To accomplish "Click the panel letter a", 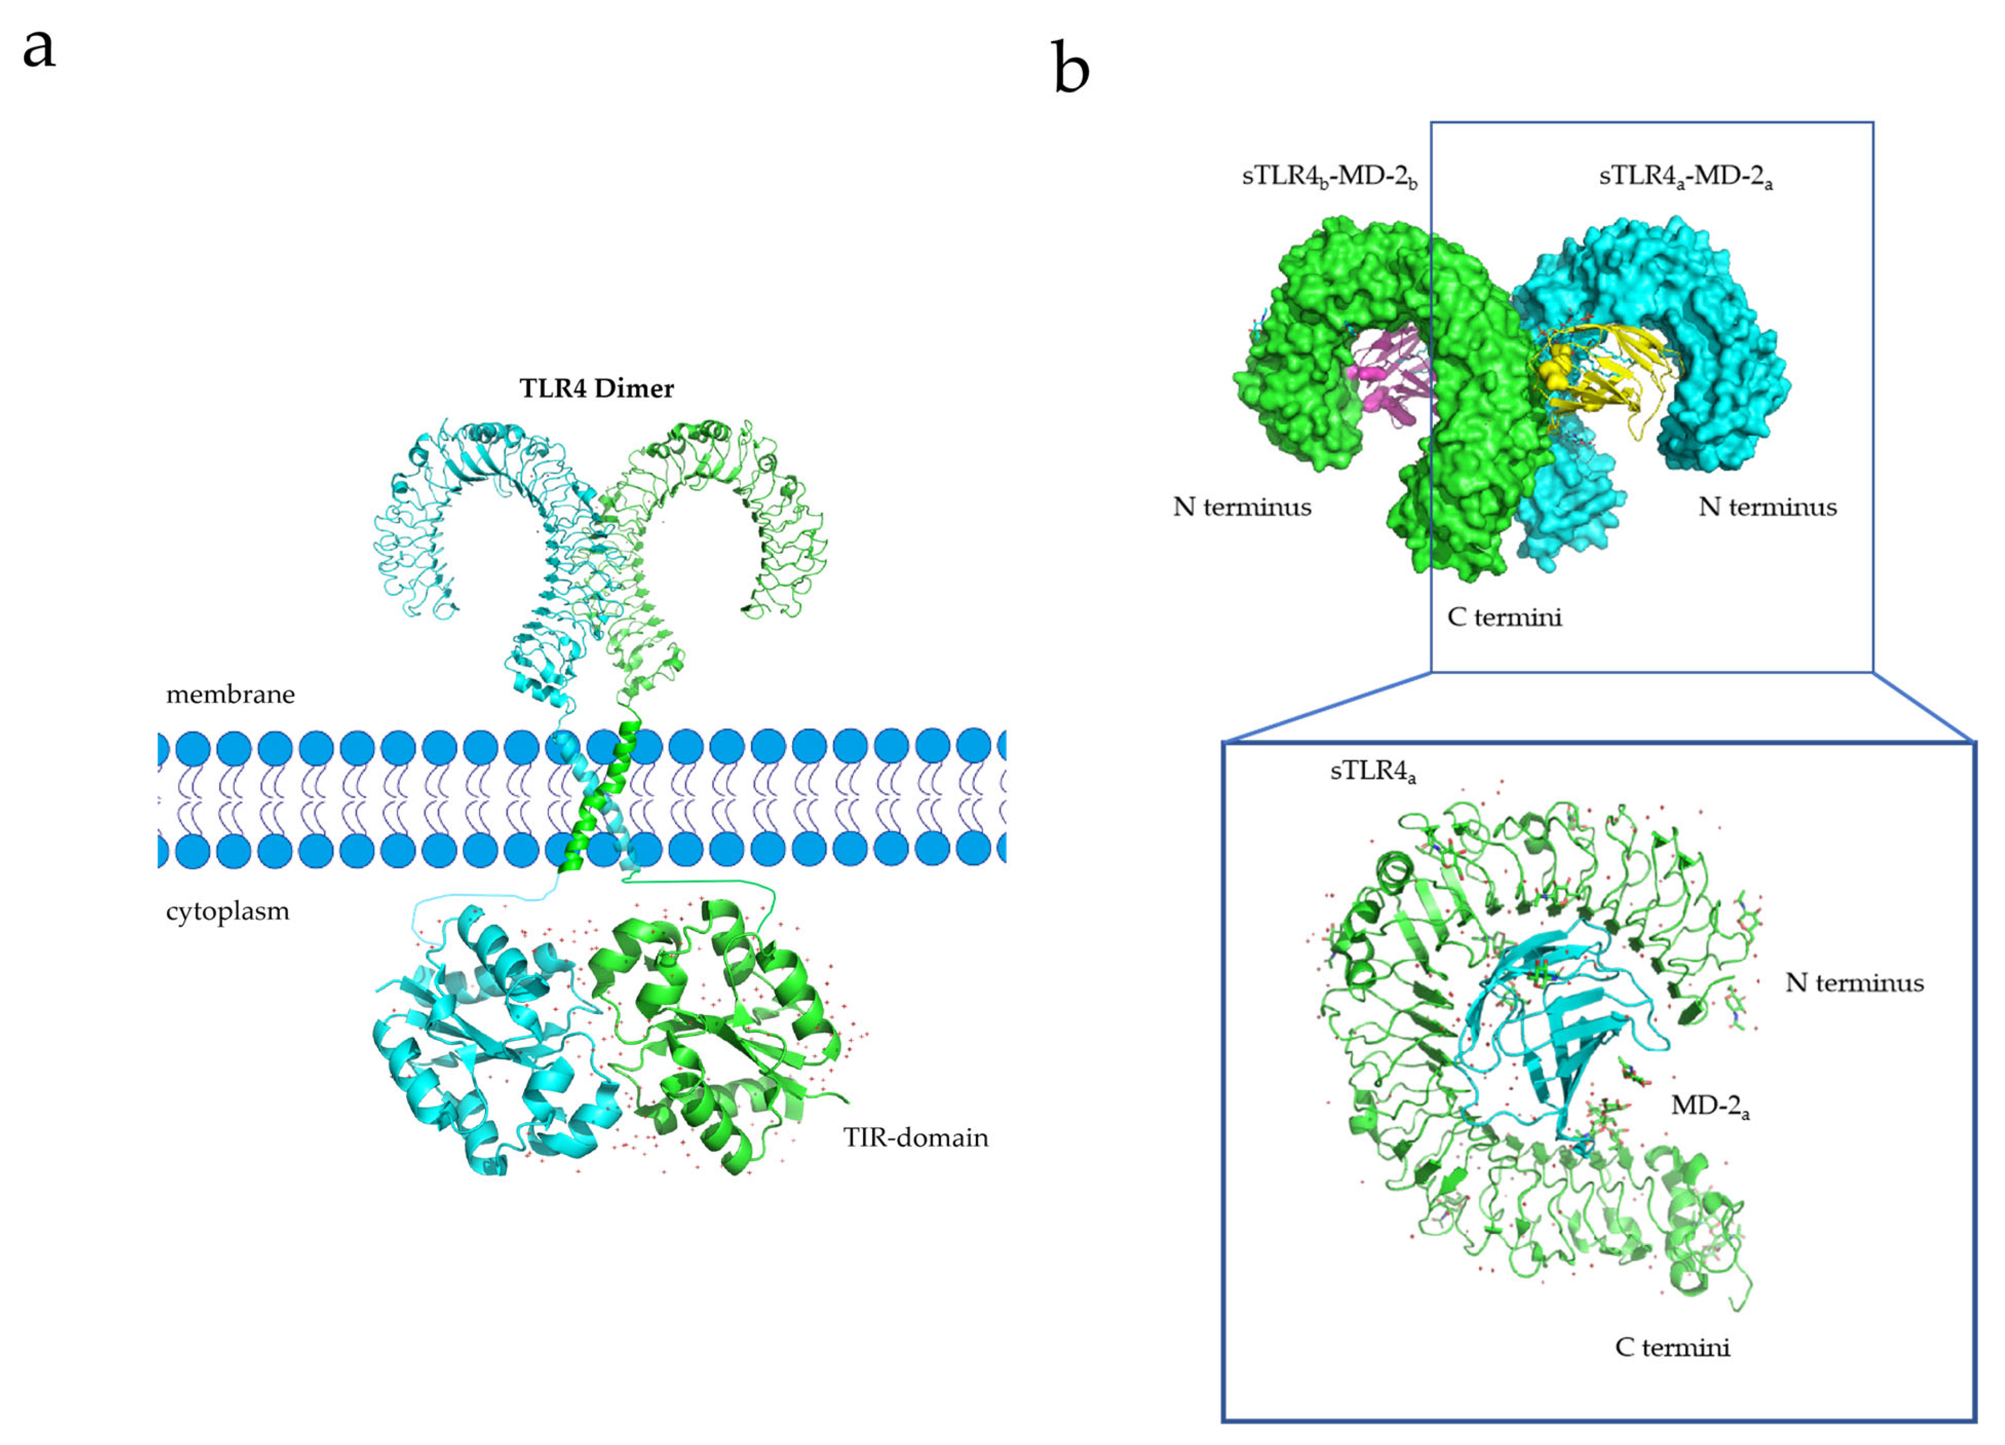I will coord(39,49).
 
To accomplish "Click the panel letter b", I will coord(1070,69).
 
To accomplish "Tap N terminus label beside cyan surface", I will coord(1767,507).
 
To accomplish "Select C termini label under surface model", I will coord(1504,616).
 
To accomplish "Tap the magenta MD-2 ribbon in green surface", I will coord(1388,380).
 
